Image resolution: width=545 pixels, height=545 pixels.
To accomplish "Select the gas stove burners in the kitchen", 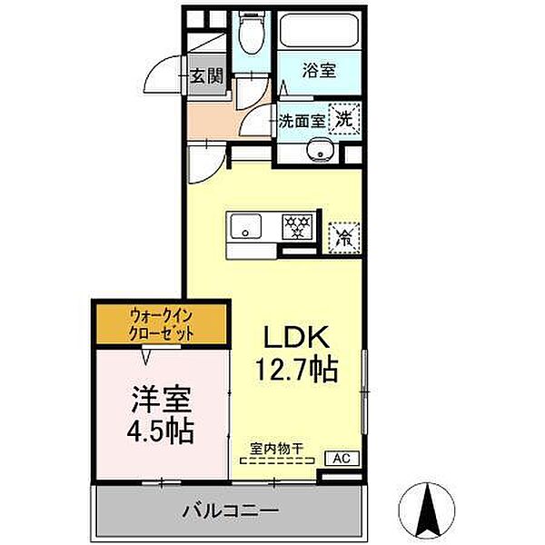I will click(295, 224).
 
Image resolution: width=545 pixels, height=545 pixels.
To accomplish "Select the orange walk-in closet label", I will click(162, 323).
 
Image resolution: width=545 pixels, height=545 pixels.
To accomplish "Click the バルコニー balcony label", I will click(229, 511).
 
